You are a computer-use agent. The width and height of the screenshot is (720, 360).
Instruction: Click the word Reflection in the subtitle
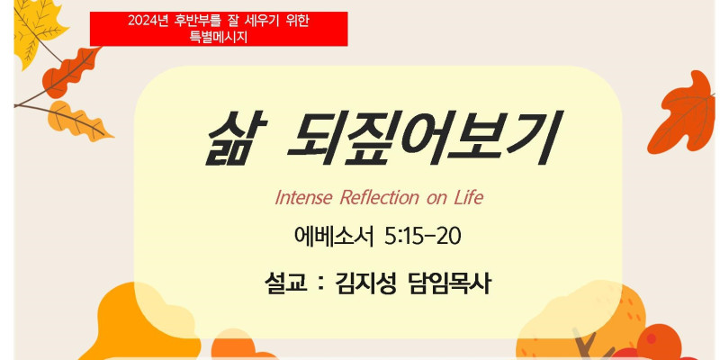click(x=379, y=198)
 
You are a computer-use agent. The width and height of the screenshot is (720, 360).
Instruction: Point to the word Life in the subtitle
click(x=468, y=198)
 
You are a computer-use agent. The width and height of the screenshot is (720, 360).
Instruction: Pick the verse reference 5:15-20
click(x=423, y=238)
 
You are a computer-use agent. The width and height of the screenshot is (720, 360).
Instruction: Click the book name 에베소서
click(x=335, y=238)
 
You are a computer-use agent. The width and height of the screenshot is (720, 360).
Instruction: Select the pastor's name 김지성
click(x=365, y=284)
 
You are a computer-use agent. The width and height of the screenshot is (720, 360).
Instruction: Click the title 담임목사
click(x=448, y=284)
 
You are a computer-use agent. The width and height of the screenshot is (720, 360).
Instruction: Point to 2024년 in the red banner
click(x=147, y=21)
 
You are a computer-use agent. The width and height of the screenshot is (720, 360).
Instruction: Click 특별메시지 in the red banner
click(x=219, y=37)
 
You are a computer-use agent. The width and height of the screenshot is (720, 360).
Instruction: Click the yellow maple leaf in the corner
click(x=38, y=30)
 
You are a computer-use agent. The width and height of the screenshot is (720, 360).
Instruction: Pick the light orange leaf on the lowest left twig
click(x=78, y=121)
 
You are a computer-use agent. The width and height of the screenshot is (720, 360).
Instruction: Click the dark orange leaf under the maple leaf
click(x=70, y=74)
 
